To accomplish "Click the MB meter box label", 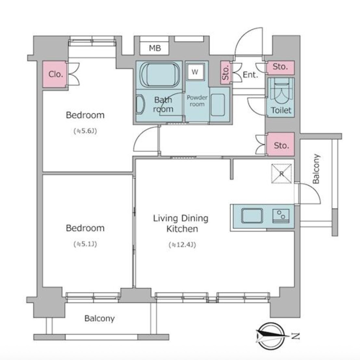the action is click(x=155, y=48).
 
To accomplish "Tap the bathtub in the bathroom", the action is click(x=160, y=75).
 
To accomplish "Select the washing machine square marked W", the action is click(x=195, y=71).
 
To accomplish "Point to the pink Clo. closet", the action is click(x=55, y=74).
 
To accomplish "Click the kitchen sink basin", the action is click(x=252, y=216).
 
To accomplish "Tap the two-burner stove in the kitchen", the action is click(x=281, y=216).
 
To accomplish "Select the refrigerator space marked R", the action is click(x=281, y=174).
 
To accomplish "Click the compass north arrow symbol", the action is click(x=271, y=336).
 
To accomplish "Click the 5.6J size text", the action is click(x=85, y=131).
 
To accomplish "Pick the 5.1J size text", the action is click(x=85, y=244).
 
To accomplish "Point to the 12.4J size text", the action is click(x=182, y=245).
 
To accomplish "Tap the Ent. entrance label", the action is click(x=250, y=75).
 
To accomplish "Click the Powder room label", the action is click(x=197, y=101).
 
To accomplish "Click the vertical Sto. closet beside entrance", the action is click(x=226, y=72).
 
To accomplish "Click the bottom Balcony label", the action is click(x=99, y=318).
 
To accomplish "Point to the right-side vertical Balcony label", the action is click(x=316, y=169).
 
